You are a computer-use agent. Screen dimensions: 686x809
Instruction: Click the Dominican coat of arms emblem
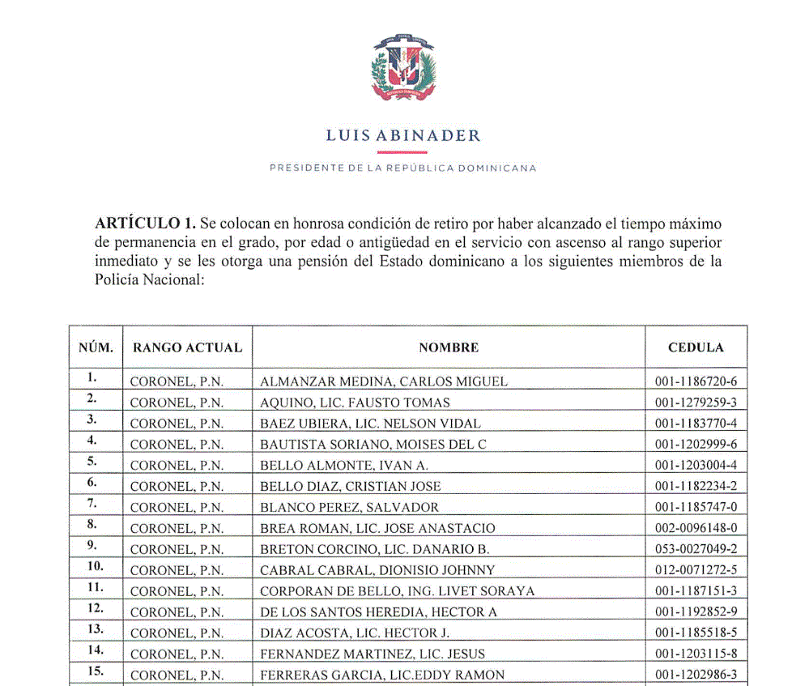[403, 68]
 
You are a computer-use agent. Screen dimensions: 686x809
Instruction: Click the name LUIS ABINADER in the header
[403, 136]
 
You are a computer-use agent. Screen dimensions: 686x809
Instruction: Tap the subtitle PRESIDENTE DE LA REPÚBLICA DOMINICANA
[403, 168]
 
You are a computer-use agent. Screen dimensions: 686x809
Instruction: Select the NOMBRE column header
[449, 347]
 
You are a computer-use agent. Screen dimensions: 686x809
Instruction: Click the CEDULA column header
[696, 347]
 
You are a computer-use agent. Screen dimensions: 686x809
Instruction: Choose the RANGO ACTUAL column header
[187, 347]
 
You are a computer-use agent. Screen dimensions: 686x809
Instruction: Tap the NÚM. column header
[96, 347]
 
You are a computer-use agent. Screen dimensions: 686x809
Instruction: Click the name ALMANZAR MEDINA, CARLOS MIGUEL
[384, 381]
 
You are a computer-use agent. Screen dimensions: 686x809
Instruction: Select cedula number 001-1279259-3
[696, 403]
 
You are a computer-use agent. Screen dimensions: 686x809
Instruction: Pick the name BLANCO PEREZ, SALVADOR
[349, 507]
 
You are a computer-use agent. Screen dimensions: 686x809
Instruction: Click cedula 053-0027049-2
[696, 549]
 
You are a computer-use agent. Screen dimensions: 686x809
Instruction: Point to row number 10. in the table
[95, 565]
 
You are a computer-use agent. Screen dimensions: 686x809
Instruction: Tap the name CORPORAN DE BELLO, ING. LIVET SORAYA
[398, 591]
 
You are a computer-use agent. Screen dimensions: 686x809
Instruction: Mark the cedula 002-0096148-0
[696, 528]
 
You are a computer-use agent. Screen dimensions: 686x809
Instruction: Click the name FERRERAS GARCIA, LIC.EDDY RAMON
[382, 675]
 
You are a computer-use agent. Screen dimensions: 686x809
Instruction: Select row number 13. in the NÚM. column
[95, 628]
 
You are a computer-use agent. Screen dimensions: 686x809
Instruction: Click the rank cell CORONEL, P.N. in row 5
[177, 465]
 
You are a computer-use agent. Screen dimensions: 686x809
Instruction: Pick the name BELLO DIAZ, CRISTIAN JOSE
[351, 486]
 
